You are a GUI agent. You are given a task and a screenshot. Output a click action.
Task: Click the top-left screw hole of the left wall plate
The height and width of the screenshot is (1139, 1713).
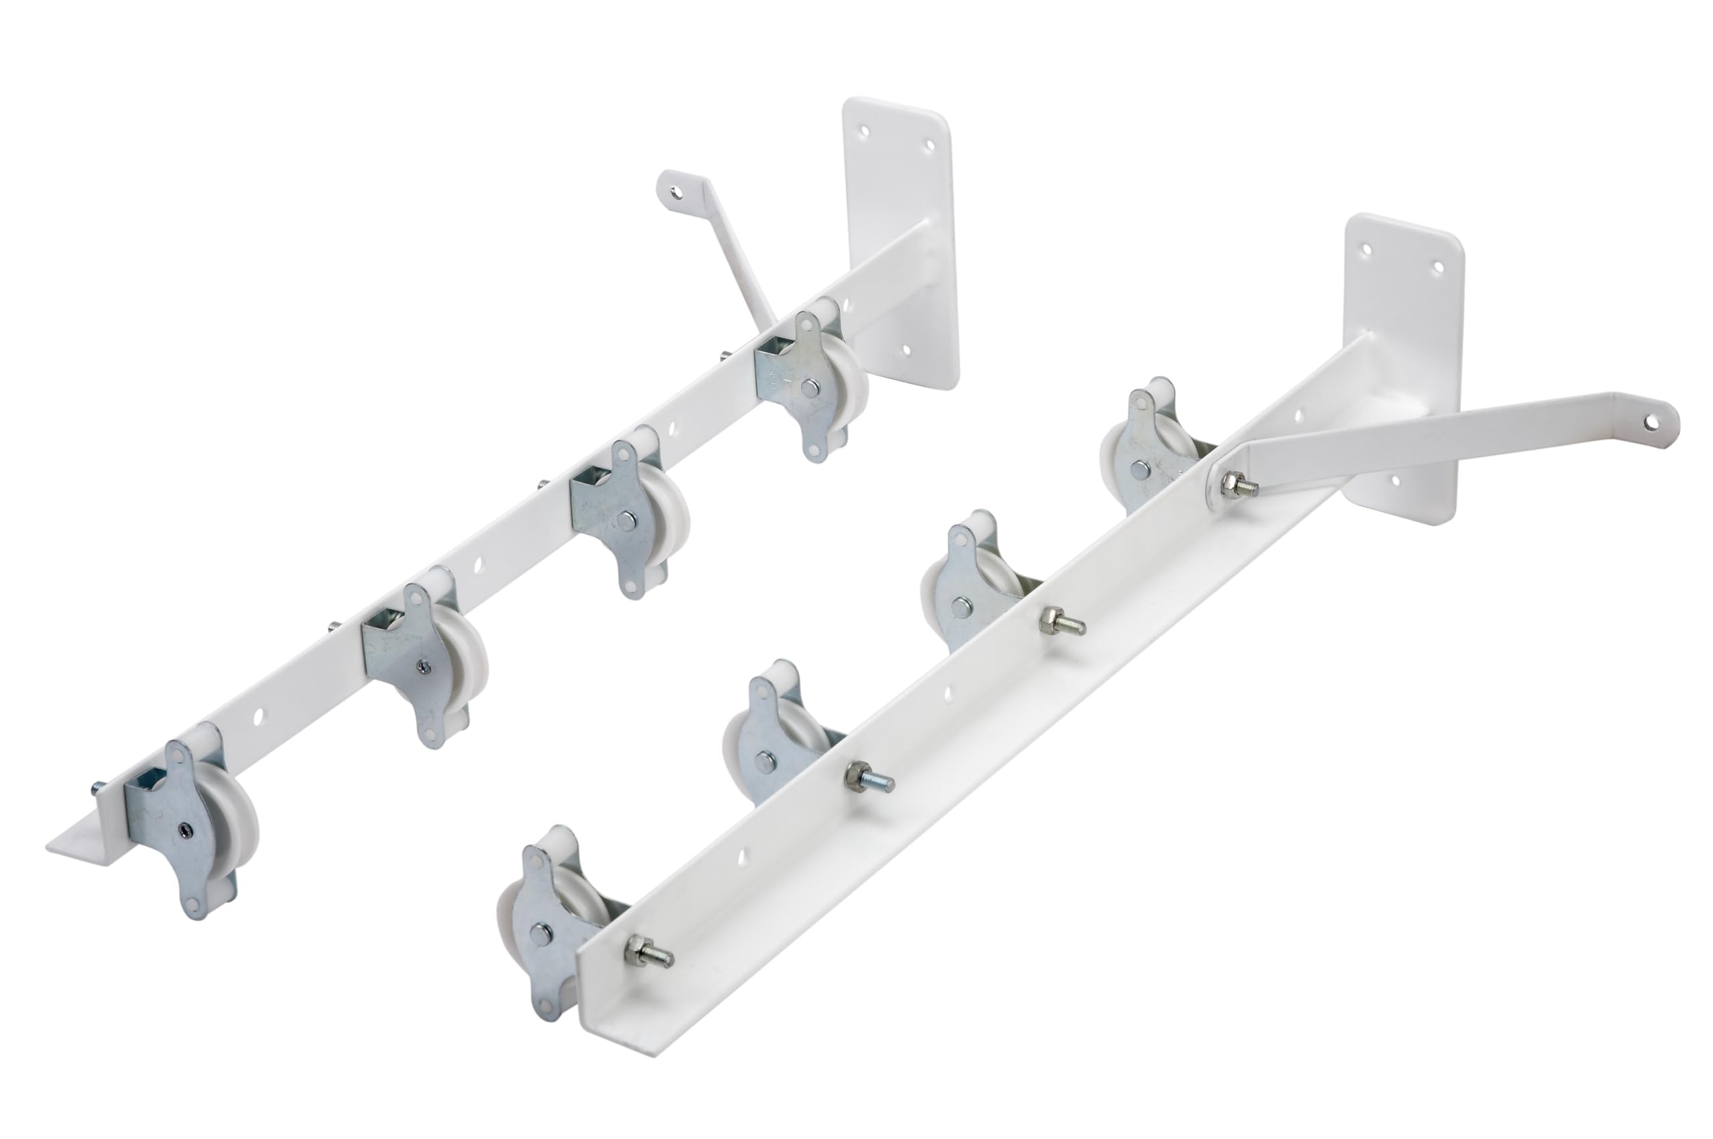tap(864, 133)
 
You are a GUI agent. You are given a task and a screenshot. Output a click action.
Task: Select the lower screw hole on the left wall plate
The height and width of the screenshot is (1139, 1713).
tap(905, 350)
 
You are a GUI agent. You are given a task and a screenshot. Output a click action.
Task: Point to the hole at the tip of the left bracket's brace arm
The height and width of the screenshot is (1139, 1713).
tap(676, 193)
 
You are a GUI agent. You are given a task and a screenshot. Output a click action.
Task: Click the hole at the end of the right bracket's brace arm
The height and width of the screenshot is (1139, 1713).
tap(1652, 420)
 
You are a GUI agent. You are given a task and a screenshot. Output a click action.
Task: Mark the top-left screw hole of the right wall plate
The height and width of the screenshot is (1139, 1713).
tap(1366, 248)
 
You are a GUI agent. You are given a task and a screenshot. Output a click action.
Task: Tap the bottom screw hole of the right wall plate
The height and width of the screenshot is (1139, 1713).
tap(1394, 480)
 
